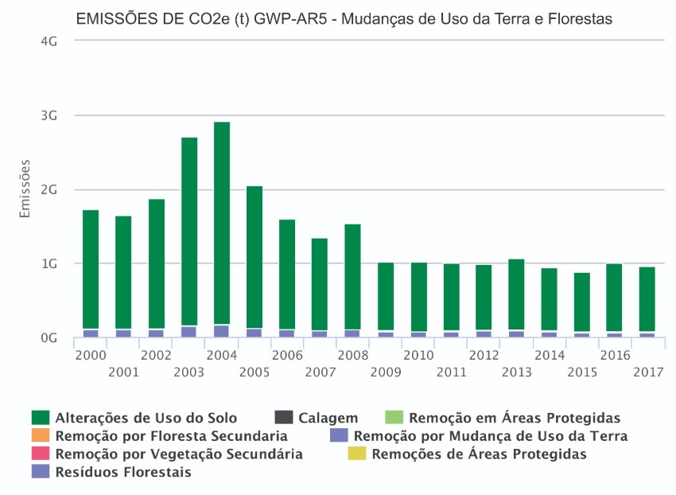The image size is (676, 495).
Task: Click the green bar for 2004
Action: (222, 223)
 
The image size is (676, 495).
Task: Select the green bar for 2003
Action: (189, 231)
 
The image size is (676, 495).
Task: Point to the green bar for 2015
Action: (582, 302)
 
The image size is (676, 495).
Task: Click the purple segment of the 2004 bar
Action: (222, 331)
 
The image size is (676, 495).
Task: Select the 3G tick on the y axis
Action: (49, 115)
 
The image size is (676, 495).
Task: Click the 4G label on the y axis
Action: (49, 41)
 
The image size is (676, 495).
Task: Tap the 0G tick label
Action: (49, 337)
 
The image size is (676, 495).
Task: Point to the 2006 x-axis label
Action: (287, 354)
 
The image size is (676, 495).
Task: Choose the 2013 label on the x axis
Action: (517, 371)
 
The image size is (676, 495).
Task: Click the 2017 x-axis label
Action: (647, 371)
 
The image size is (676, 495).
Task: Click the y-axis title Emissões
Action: (25, 189)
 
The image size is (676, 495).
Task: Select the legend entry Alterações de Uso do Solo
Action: (145, 418)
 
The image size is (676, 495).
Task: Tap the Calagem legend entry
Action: (328, 418)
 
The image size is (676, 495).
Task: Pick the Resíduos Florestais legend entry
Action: (122, 472)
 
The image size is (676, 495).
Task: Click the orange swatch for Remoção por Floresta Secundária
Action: (41, 436)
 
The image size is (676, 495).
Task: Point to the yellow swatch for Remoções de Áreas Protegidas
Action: (357, 454)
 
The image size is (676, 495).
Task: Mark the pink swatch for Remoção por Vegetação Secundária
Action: (41, 454)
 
